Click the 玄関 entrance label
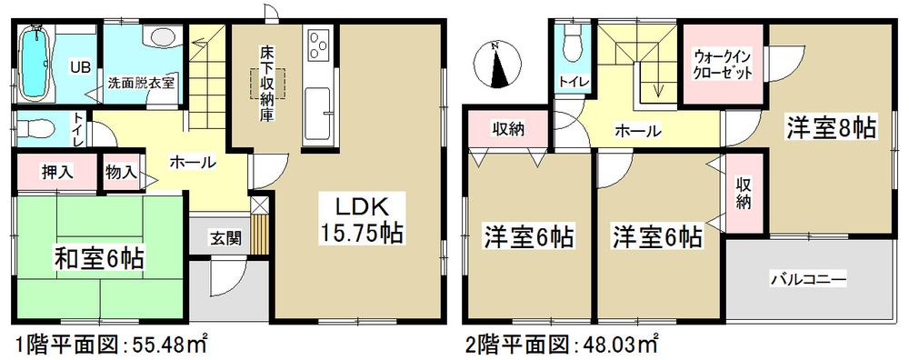(226, 239)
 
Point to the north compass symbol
(496, 65)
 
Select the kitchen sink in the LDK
(318, 109)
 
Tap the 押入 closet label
(56, 171)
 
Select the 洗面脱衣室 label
(141, 82)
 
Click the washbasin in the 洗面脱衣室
(161, 37)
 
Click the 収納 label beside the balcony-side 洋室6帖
(744, 194)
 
